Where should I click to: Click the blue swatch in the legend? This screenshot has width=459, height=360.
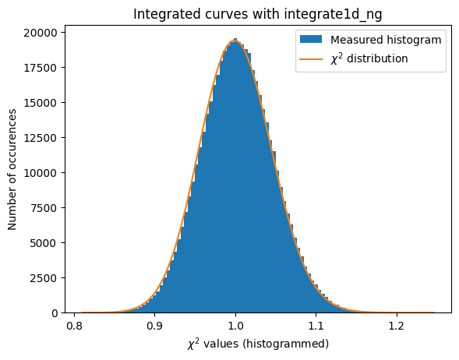[x=311, y=40]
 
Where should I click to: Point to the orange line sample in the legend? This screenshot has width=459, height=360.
[x=311, y=58]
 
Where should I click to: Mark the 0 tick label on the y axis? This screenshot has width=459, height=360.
[x=55, y=313]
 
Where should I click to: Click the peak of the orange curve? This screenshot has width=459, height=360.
[x=235, y=41]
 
